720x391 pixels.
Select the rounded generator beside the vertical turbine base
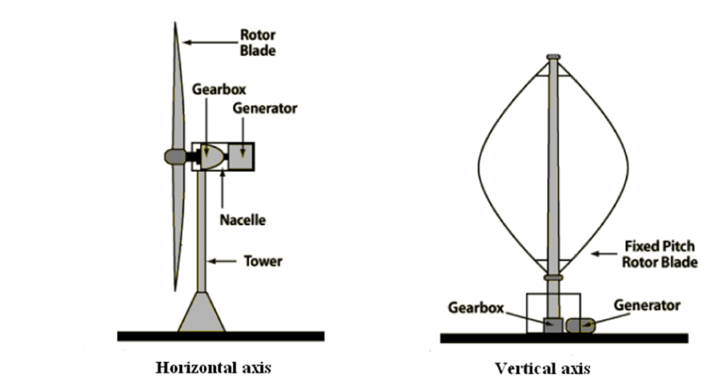point(581,325)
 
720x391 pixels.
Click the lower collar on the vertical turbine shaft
point(553,278)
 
